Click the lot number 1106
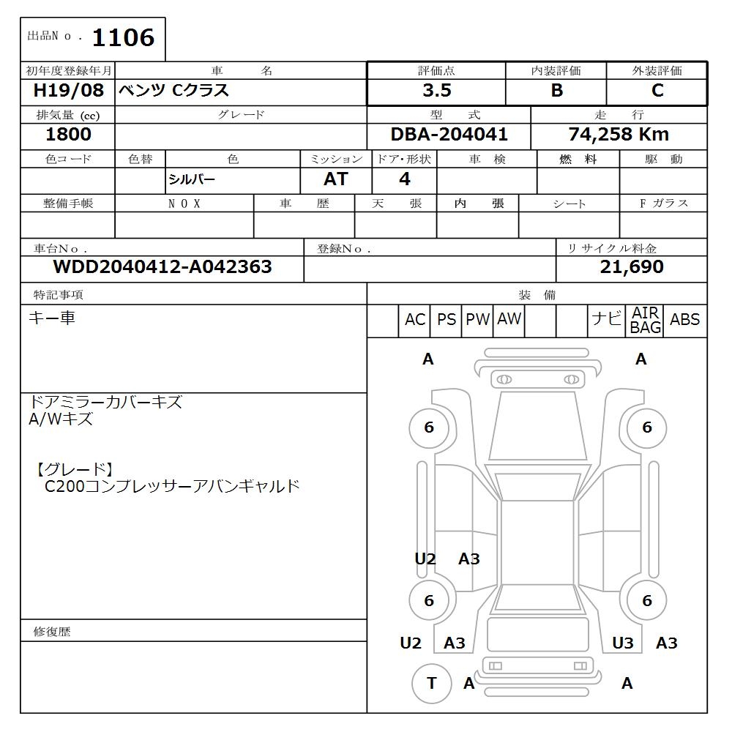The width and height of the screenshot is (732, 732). click(x=123, y=37)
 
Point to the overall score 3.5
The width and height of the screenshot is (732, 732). click(x=436, y=91)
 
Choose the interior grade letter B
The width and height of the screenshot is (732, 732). click(x=556, y=91)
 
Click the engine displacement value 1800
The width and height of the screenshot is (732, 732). click(x=68, y=134)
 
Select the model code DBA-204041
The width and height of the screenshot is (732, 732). click(x=449, y=135)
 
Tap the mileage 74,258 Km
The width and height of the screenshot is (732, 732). click(x=619, y=135)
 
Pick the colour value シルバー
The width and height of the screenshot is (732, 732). click(x=192, y=180)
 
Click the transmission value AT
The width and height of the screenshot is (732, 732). click(x=336, y=179)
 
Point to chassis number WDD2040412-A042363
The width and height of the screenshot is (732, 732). click(x=163, y=267)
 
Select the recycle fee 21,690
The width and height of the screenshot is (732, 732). click(x=632, y=267)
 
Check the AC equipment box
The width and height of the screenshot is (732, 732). click(x=415, y=321)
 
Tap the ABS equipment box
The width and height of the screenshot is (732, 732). click(x=684, y=321)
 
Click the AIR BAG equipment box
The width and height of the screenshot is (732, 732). click(x=646, y=321)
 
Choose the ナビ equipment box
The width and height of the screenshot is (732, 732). click(x=606, y=321)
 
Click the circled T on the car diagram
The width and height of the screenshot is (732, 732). click(x=431, y=683)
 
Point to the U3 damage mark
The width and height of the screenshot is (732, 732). click(x=622, y=643)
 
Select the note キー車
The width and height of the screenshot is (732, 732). click(x=52, y=318)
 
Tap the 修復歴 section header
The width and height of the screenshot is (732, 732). click(x=53, y=631)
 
